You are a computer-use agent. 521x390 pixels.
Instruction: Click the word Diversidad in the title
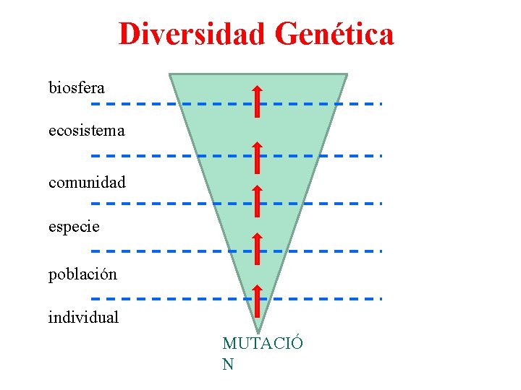[191, 34]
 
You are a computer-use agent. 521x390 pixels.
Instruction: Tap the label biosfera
[77, 88]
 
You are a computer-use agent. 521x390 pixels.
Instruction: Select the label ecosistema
[87, 131]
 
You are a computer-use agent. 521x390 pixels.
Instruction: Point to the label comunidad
[87, 182]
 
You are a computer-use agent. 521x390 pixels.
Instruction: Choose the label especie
[74, 226]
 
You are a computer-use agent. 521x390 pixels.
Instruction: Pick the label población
[82, 274]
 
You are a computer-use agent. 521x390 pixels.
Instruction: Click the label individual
[83, 316]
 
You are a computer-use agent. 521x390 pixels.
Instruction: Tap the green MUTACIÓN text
[262, 352]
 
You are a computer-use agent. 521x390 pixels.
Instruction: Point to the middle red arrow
[258, 201]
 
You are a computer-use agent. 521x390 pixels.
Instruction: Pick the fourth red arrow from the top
[258, 249]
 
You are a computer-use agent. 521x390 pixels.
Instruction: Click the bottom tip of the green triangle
[258, 330]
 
